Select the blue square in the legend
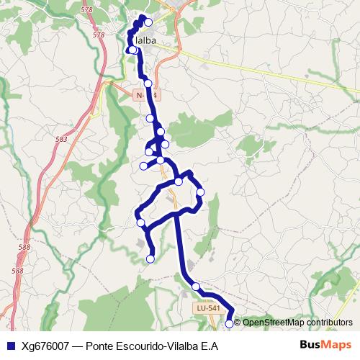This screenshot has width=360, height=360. point(9,345)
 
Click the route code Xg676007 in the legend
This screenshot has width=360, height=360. point(46,345)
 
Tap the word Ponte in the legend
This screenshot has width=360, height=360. point(100,345)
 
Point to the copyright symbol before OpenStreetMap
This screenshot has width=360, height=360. point(238,322)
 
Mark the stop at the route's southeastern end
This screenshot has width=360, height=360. point(230,324)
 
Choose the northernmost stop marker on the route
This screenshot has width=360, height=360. point(148,22)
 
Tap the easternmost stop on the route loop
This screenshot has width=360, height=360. point(201,192)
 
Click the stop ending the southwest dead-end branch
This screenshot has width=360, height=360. point(150,258)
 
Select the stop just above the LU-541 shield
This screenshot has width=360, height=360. point(195,287)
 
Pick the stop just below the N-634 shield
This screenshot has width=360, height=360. point(150,118)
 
